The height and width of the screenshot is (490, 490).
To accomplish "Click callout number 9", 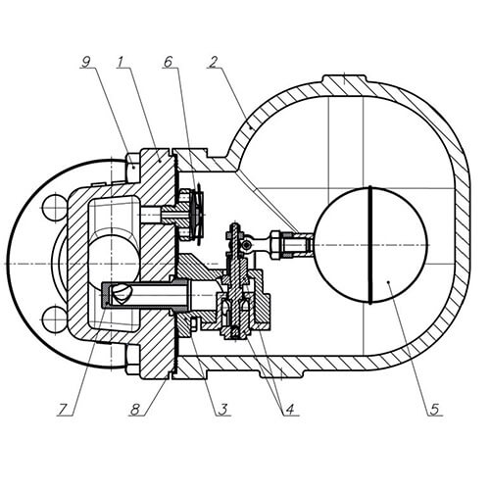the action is click(x=85, y=63).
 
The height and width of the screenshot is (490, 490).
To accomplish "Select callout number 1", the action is click(x=121, y=62).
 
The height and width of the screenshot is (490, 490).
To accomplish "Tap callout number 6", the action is click(x=168, y=62).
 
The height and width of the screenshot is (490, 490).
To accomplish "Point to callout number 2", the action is click(x=213, y=63).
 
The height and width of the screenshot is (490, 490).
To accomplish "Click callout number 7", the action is click(x=63, y=410).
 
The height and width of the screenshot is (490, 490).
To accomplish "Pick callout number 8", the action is click(x=135, y=410).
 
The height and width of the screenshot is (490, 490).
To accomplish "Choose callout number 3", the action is click(x=223, y=410).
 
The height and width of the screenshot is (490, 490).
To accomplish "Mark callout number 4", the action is click(x=290, y=410).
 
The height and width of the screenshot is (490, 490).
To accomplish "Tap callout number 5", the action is click(x=434, y=410).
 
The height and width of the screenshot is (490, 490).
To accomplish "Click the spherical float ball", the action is click(x=370, y=245).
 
